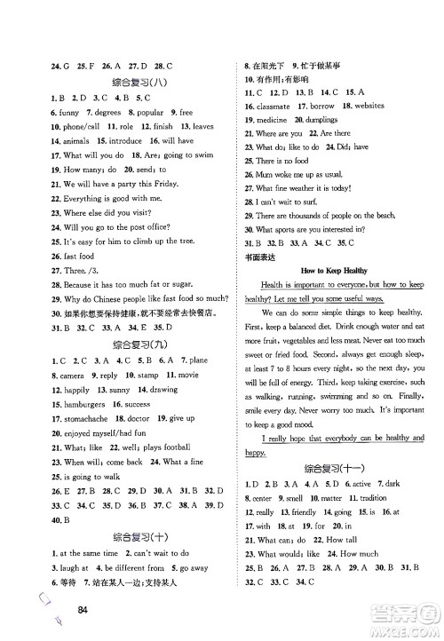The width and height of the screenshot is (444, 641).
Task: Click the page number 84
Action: (x=85, y=609)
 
